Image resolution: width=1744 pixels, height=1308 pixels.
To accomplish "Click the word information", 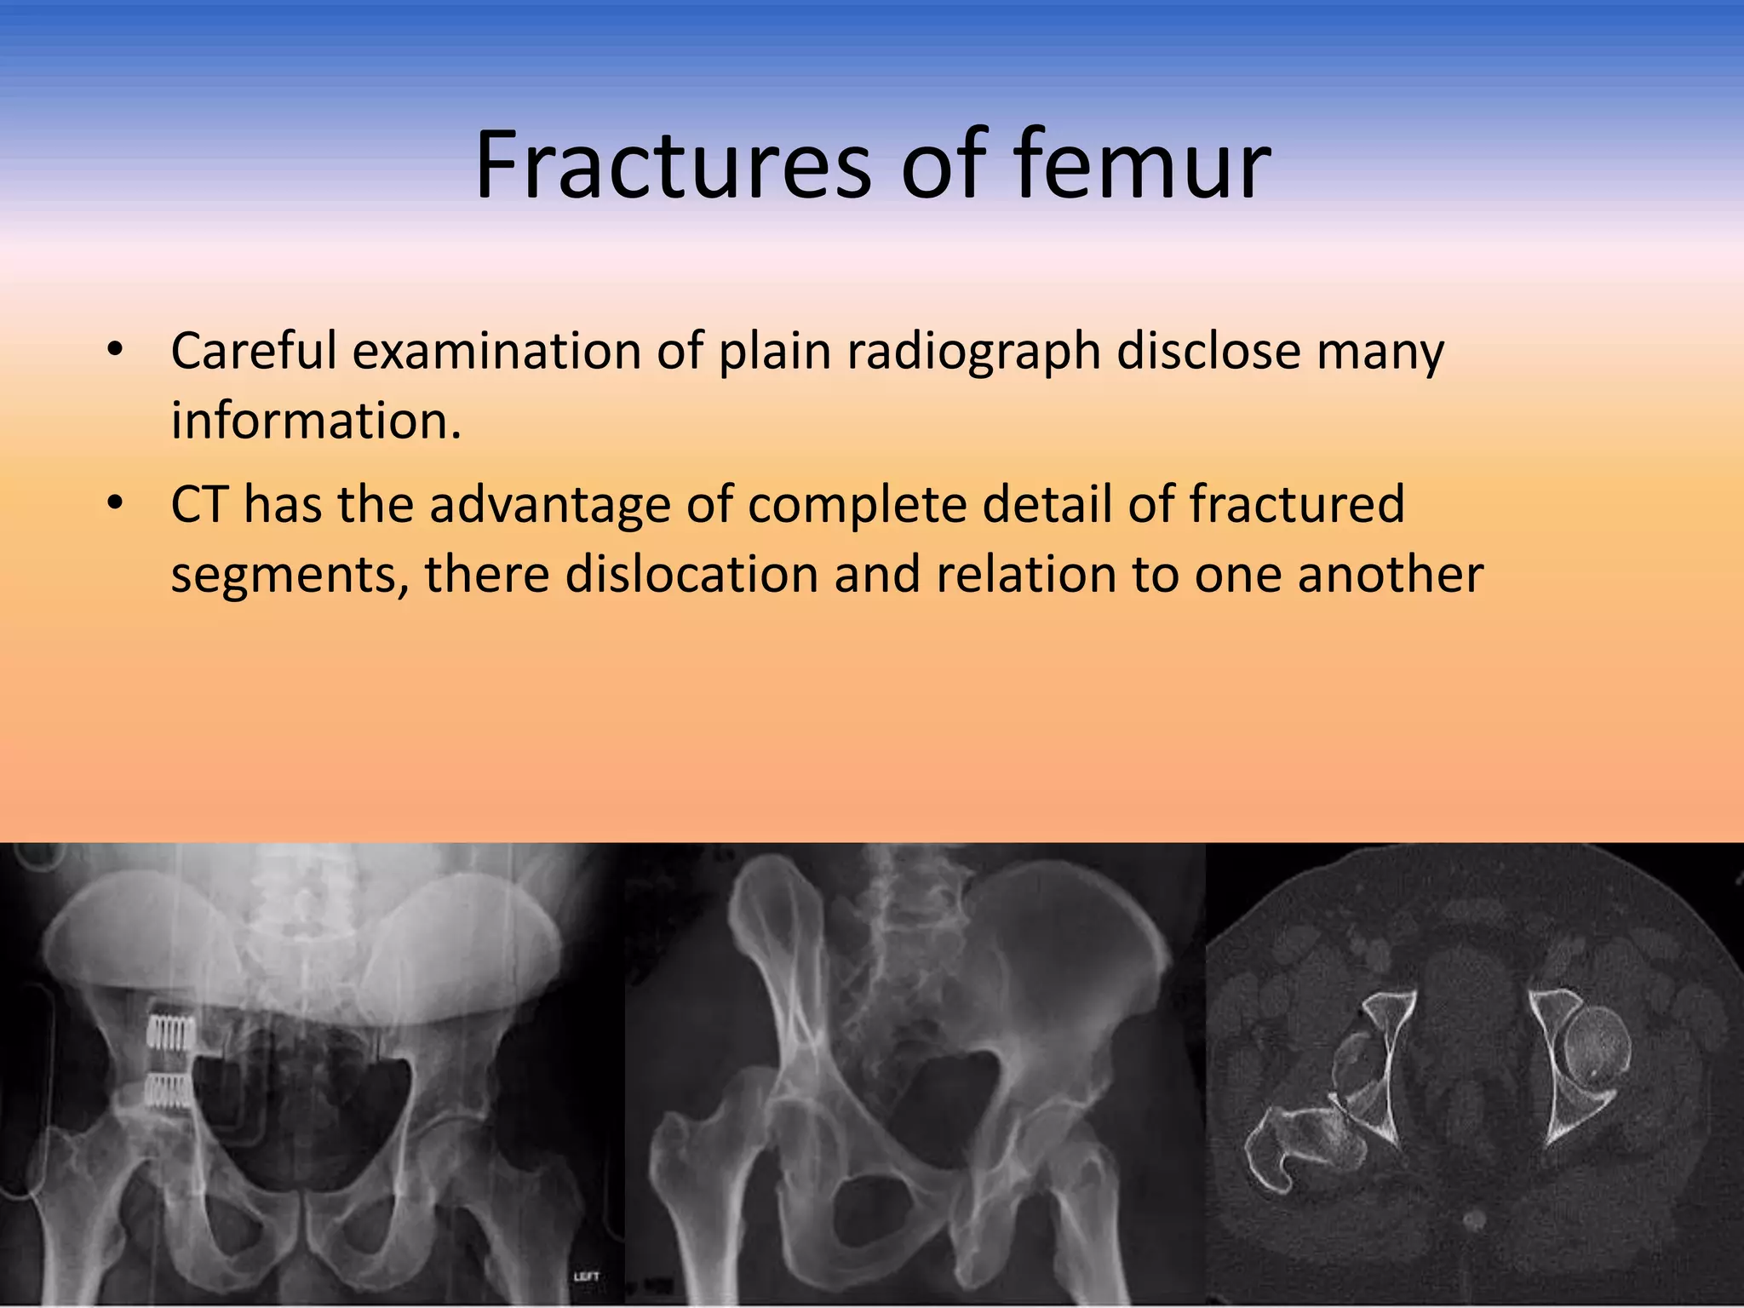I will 315,421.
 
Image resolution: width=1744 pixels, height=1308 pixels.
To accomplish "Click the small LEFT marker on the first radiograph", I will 586,1276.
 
